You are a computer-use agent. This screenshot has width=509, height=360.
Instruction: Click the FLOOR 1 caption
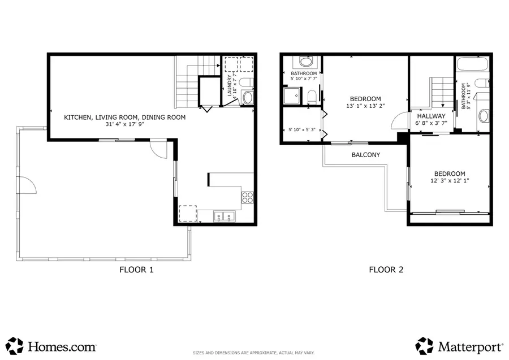click(x=136, y=270)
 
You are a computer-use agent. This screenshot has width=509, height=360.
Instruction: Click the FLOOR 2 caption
click(x=386, y=270)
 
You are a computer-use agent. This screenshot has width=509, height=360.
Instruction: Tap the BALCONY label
click(x=365, y=154)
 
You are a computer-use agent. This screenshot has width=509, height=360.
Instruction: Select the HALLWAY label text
click(x=431, y=116)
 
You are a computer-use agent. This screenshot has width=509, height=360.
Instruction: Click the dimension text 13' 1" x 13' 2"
click(x=365, y=106)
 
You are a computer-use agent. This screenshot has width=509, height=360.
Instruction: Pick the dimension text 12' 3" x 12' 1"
click(x=450, y=181)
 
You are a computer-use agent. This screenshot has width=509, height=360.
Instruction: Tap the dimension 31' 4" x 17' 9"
click(x=124, y=125)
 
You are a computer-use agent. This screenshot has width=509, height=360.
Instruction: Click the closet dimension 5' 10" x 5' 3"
click(x=301, y=129)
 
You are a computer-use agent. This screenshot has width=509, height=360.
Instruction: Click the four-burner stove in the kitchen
click(x=248, y=197)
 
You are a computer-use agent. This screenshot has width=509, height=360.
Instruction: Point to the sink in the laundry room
click(x=248, y=97)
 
